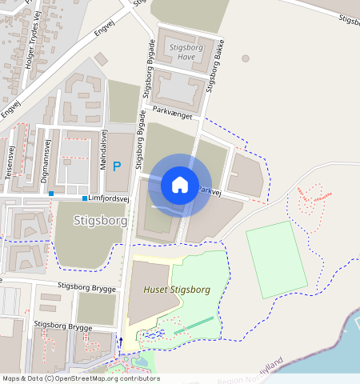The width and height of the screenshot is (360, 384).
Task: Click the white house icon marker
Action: (x=180, y=185)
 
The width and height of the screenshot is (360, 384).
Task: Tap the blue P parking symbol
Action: (x=117, y=166)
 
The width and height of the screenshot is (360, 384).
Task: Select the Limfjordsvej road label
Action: (x=110, y=198)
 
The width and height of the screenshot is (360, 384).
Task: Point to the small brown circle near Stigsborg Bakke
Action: (x=245, y=58)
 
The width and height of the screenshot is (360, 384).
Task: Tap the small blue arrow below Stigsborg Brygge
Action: (x=121, y=342)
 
